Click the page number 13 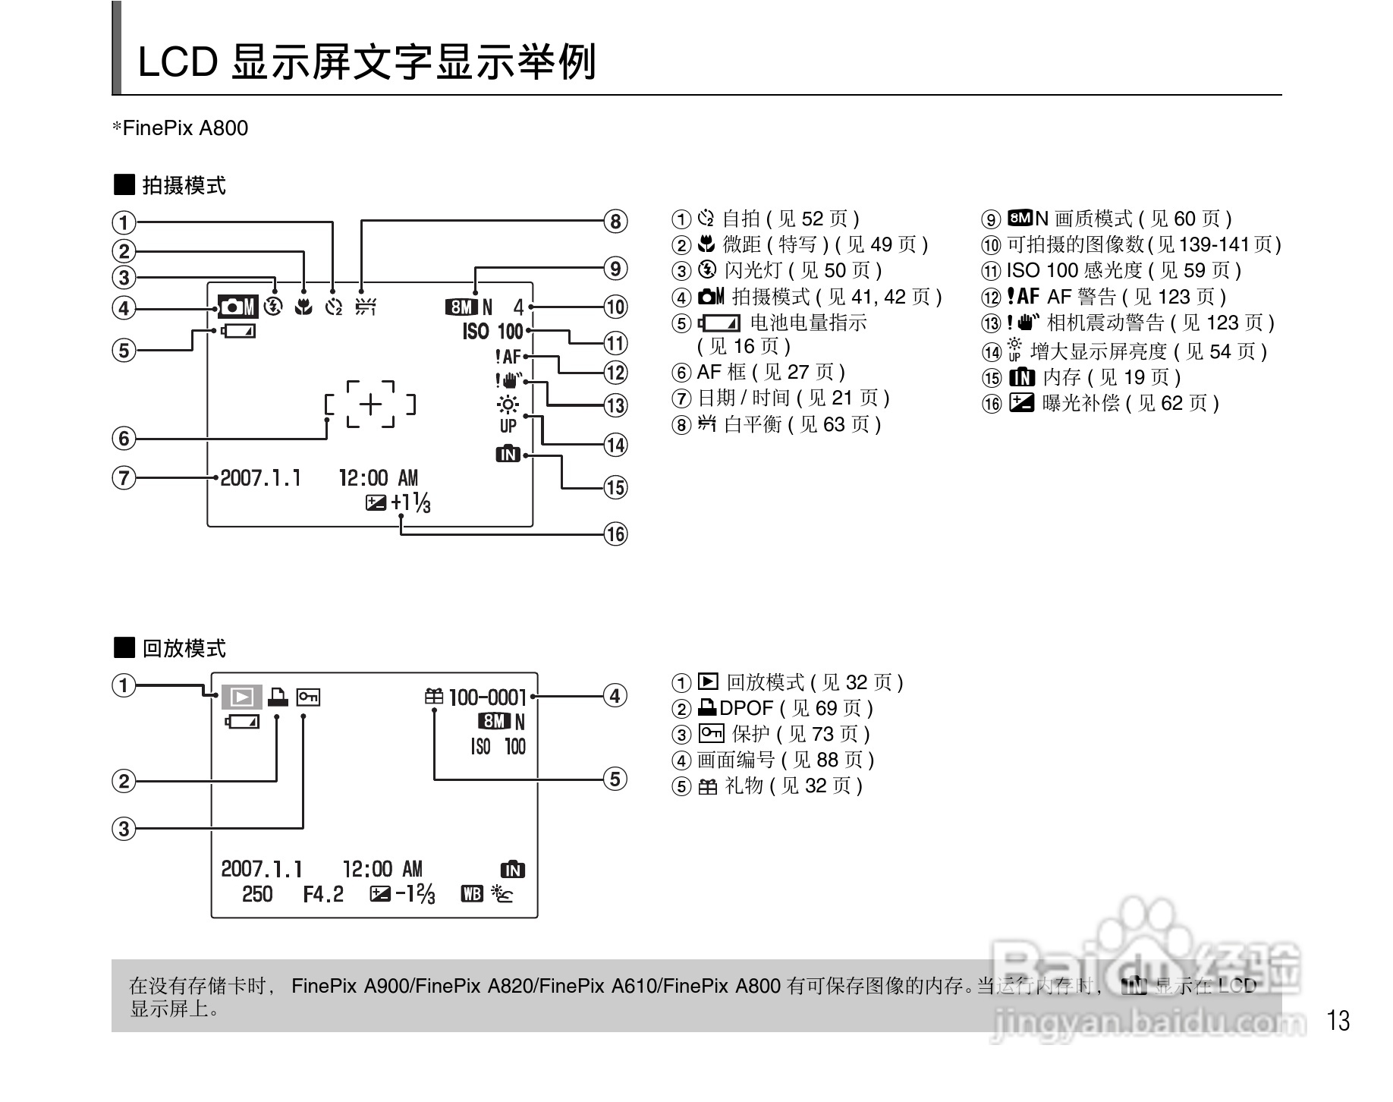click(x=1338, y=1021)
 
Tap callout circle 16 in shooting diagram click(x=615, y=534)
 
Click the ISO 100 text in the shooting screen click(x=493, y=332)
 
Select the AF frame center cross click(x=370, y=405)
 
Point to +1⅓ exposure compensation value click(x=411, y=502)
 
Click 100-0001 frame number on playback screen click(x=487, y=697)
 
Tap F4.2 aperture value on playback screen click(x=323, y=894)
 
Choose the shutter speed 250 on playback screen click(x=257, y=894)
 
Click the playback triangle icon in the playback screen click(x=242, y=697)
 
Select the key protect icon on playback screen click(x=308, y=696)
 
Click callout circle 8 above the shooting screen click(x=615, y=222)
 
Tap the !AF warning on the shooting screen click(x=508, y=356)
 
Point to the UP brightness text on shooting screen click(x=508, y=426)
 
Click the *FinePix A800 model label click(x=181, y=128)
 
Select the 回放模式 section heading click(x=184, y=648)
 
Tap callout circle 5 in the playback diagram click(x=615, y=779)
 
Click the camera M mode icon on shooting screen click(x=238, y=307)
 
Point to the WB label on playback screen click(x=472, y=894)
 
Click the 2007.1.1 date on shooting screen click(x=260, y=478)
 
